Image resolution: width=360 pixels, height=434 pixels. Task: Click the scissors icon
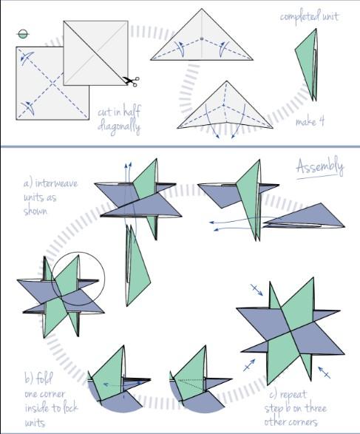click(x=131, y=81)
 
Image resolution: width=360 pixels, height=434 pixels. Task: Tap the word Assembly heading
click(x=320, y=167)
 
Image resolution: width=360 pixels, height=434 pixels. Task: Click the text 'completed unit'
click(x=309, y=16)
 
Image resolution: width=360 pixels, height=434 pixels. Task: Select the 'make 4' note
click(x=310, y=121)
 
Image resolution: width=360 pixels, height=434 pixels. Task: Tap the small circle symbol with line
click(x=23, y=34)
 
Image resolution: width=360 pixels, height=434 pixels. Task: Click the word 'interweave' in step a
click(x=57, y=183)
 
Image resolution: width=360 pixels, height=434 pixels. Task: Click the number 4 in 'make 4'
click(x=321, y=121)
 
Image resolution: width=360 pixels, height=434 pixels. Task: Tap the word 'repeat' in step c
click(x=293, y=394)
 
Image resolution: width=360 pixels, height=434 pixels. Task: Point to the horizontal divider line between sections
click(x=180, y=146)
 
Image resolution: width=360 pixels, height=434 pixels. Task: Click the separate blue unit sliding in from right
click(x=304, y=218)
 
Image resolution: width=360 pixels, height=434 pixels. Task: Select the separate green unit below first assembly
click(x=137, y=265)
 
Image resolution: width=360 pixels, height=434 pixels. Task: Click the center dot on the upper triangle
click(x=202, y=38)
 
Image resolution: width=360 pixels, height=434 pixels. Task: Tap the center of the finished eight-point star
click(x=291, y=331)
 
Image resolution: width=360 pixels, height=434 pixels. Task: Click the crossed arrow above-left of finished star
click(x=257, y=290)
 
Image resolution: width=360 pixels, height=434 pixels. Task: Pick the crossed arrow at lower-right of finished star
click(x=324, y=373)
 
